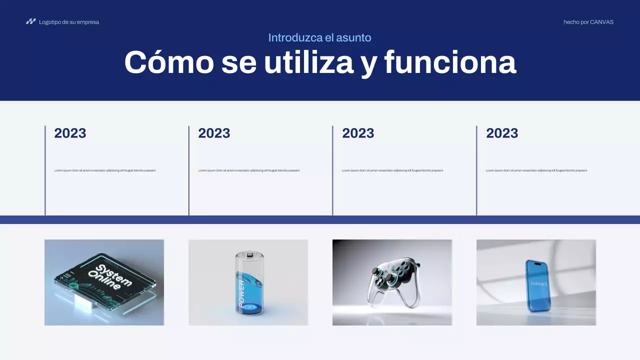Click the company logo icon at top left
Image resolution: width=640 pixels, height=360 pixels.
(x=31, y=21)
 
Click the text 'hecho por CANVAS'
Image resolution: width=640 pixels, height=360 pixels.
(x=588, y=22)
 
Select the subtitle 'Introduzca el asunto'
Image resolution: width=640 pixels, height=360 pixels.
(x=319, y=37)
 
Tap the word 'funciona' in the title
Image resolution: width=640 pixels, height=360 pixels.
(x=449, y=62)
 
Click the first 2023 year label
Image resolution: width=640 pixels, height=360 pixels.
(x=70, y=133)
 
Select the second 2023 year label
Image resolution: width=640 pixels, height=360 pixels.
(x=214, y=133)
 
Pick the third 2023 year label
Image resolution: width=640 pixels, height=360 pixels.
(x=358, y=133)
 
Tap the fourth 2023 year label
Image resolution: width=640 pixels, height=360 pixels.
(x=502, y=133)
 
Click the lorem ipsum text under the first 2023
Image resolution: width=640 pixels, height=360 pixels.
(x=105, y=170)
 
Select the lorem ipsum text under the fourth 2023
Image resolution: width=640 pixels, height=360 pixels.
(x=536, y=170)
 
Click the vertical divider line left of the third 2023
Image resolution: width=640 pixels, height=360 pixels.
(x=332, y=170)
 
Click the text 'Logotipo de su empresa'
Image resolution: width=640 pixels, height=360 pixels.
(x=69, y=22)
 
